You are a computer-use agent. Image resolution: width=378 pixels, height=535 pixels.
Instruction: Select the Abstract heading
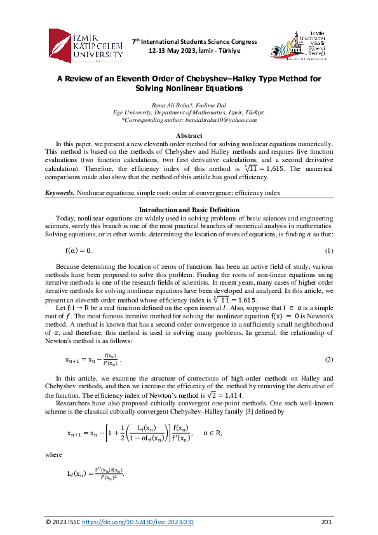189,136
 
